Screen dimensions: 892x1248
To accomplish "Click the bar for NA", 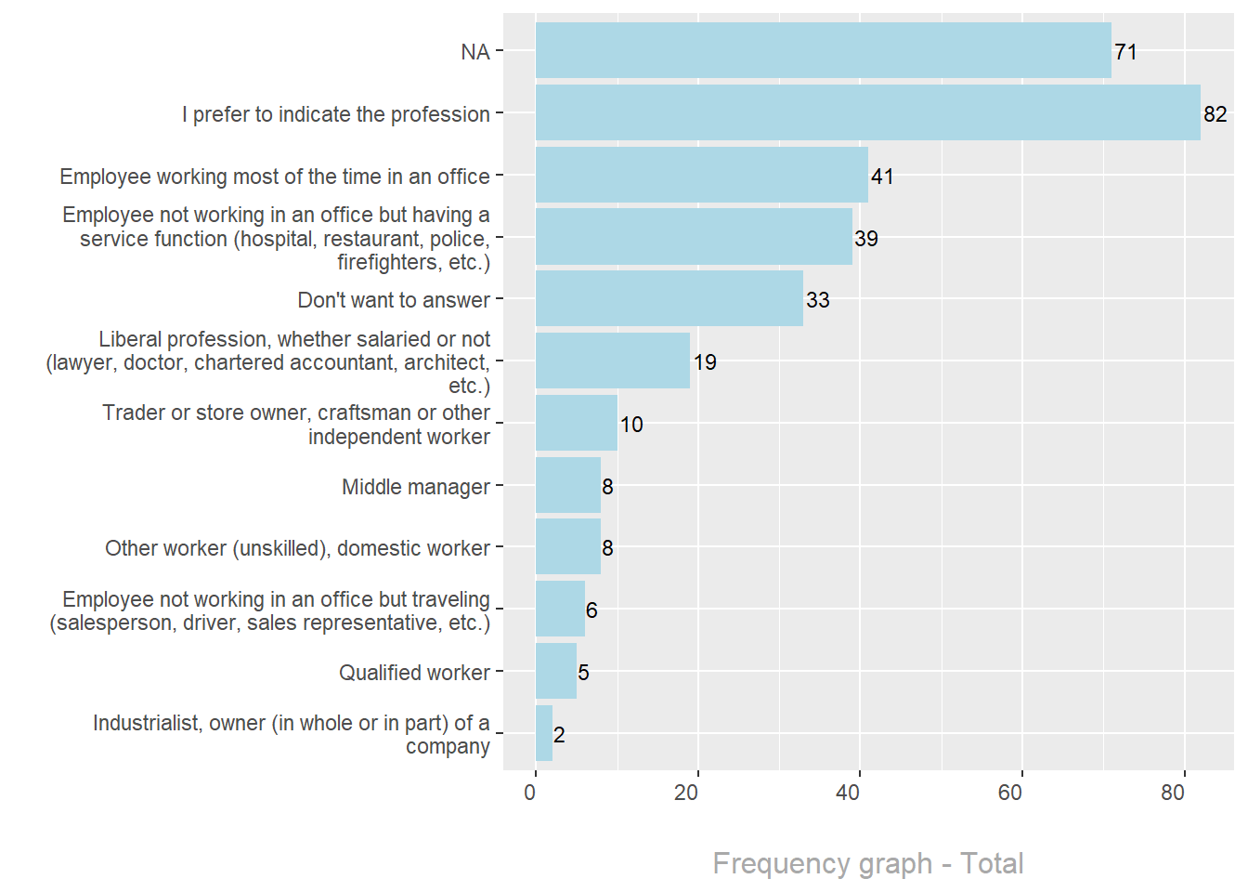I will tap(823, 51).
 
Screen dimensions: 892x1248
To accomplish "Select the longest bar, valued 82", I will tap(867, 113).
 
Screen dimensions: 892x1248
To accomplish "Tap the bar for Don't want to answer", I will tap(669, 299).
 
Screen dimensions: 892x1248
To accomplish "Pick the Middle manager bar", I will tap(568, 485).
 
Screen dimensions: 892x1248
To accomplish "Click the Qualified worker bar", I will tap(556, 671).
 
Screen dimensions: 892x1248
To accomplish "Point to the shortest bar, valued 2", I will tap(544, 733).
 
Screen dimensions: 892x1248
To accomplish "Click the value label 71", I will tap(1125, 52).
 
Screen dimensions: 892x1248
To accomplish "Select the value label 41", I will tap(882, 177).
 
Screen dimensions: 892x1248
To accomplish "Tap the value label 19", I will tap(705, 362).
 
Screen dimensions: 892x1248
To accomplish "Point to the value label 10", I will tap(631, 425).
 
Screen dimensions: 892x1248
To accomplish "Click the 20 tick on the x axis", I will tap(686, 793).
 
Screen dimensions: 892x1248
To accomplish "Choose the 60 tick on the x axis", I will tap(1010, 793).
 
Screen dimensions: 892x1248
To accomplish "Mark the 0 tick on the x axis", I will tap(530, 793).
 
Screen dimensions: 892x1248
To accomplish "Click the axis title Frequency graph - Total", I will tap(868, 863).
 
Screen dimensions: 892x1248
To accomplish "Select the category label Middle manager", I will tap(415, 487).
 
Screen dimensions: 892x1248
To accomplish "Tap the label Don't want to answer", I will tap(394, 300).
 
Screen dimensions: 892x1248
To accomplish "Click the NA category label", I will tap(475, 52).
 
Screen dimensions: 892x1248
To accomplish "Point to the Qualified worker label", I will tap(414, 673).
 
